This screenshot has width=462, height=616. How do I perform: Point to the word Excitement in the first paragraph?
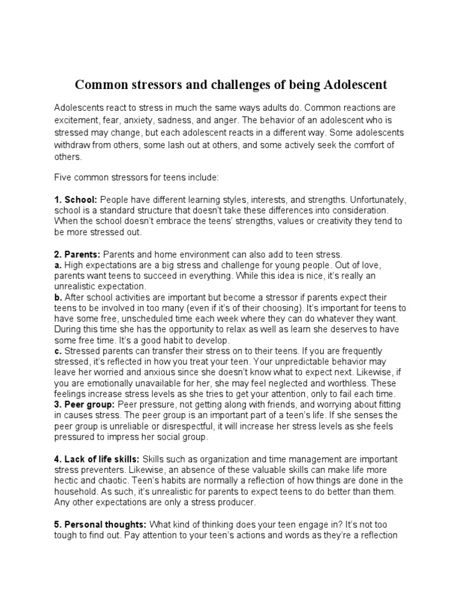tap(78, 119)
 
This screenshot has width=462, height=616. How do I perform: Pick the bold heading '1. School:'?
tap(76, 199)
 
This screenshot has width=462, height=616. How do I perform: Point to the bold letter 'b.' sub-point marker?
tap(58, 298)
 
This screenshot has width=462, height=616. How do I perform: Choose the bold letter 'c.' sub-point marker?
tap(58, 350)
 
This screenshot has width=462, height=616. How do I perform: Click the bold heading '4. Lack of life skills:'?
tap(96, 459)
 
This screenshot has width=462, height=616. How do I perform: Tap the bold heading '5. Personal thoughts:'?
tap(100, 524)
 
